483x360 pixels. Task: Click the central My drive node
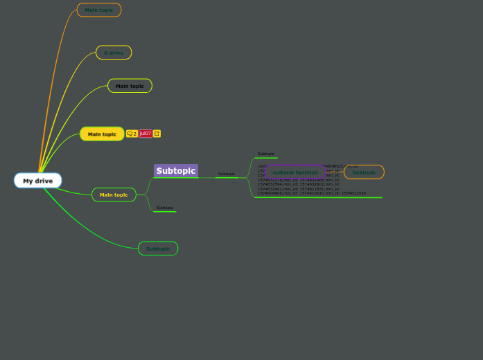pos(37,181)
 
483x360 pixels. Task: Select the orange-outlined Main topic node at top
pos(99,10)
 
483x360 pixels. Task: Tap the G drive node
pos(114,53)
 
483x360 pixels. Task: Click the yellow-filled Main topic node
pos(102,134)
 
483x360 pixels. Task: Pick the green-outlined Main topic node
pos(114,195)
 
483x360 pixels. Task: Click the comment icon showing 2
pos(132,134)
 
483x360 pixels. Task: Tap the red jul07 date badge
pos(146,134)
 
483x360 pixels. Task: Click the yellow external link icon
pos(157,134)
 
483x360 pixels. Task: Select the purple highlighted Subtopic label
pos(176,171)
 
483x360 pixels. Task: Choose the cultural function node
pos(295,172)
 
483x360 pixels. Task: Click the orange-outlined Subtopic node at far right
pos(364,172)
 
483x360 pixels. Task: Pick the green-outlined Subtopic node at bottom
pos(158,249)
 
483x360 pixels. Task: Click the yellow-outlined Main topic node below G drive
pos(130,86)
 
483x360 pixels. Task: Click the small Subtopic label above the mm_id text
pos(266,154)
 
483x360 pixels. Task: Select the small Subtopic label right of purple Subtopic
pos(227,174)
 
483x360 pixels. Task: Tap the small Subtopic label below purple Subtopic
pos(165,208)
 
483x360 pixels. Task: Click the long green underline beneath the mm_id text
pos(318,197)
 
